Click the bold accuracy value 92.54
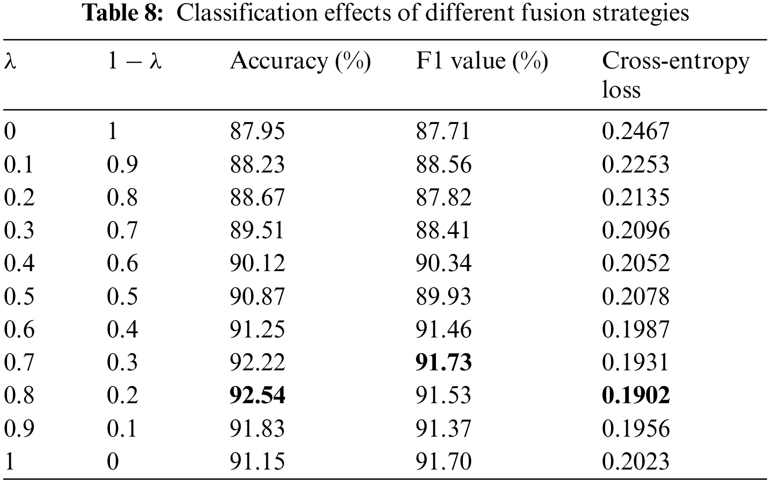point(257,395)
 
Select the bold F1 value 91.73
point(443,362)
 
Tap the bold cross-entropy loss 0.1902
point(636,395)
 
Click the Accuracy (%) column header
point(300,61)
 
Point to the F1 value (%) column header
point(482,61)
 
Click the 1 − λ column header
point(134,61)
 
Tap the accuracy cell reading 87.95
point(257,131)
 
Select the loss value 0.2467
point(635,131)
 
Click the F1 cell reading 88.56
point(443,164)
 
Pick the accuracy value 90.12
point(257,263)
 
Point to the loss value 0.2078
point(635,296)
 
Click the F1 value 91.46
point(443,329)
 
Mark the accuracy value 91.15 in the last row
point(257,461)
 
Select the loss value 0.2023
point(635,461)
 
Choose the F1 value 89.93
point(443,296)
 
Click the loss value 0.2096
point(635,230)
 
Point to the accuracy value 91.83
point(257,429)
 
